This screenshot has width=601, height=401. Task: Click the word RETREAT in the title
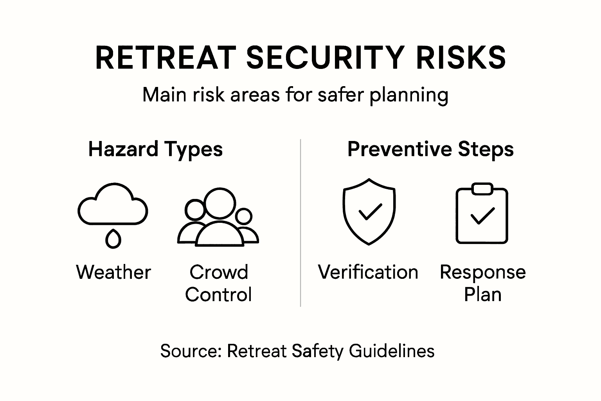(166, 58)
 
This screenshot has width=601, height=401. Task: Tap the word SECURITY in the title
(325, 58)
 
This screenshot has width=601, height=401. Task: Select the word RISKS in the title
(461, 58)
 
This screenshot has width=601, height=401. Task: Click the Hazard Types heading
(155, 150)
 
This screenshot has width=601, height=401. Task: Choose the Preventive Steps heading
(430, 149)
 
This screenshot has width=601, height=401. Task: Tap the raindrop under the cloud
(113, 239)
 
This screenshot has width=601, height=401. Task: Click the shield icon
(344, 212)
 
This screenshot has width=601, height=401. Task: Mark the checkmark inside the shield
(370, 211)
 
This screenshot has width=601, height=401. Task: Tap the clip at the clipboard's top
(482, 188)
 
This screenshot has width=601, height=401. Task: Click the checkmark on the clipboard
(482, 216)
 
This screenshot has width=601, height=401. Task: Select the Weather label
(113, 272)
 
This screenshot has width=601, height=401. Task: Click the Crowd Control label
(218, 283)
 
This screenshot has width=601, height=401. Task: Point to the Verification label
(368, 272)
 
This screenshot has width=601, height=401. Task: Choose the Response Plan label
(483, 283)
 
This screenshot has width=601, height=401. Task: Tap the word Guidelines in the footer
(391, 351)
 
